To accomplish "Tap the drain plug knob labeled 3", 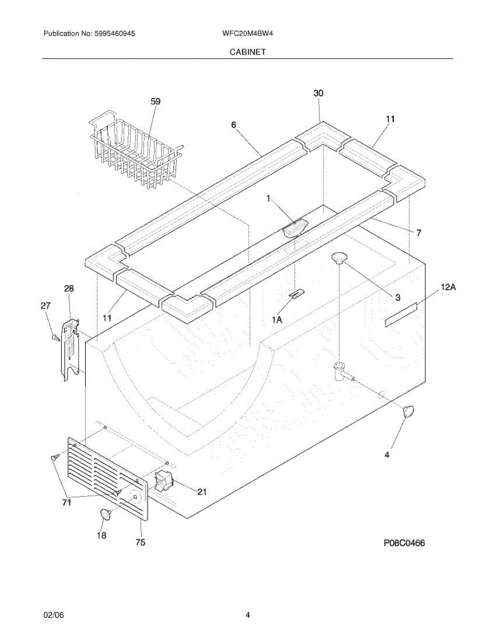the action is [x=339, y=259].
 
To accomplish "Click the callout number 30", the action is [x=318, y=93].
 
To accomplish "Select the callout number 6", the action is [x=234, y=124].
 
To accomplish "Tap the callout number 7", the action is [x=418, y=233].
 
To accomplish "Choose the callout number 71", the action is [x=66, y=503].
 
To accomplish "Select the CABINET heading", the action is [x=248, y=52].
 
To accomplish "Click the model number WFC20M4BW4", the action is [x=248, y=33].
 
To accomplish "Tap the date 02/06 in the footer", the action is [x=54, y=615].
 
